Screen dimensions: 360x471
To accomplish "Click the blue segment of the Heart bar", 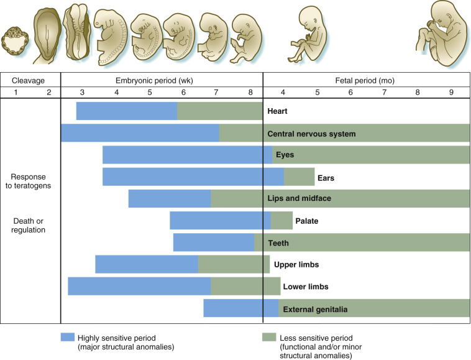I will [127, 111].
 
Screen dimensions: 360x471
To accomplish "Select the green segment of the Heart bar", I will [220, 111].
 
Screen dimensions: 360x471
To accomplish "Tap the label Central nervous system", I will [311, 134].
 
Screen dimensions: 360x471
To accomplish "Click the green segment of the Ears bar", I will [299, 177].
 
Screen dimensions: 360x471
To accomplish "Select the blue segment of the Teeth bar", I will [213, 242].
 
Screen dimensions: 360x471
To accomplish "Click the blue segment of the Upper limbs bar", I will [147, 264].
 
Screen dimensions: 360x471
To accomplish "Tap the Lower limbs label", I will [305, 287].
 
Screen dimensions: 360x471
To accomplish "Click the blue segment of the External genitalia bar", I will [240, 308].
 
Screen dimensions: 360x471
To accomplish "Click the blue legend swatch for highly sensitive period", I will [67, 337].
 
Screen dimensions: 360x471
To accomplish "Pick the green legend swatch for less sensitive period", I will [268, 337].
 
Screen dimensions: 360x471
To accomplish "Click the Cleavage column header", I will [30, 81].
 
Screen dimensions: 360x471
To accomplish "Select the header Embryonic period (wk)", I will [162, 81].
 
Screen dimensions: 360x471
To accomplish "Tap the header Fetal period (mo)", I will [367, 81].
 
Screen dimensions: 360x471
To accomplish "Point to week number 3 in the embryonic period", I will [83, 93].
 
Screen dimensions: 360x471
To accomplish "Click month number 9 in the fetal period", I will [450, 93].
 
